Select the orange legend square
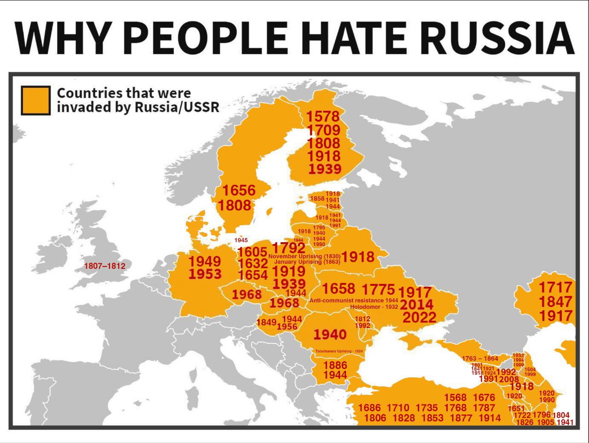(35, 100)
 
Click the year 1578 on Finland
(323, 116)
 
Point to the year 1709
(323, 130)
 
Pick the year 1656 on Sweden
(239, 190)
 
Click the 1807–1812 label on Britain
(105, 266)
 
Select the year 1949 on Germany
(205, 261)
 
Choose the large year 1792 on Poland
(289, 248)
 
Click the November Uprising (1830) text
(304, 256)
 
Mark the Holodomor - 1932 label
(374, 307)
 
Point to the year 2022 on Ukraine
(419, 317)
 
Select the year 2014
(416, 304)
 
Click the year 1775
(378, 290)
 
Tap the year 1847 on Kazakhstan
(555, 302)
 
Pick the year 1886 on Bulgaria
(335, 365)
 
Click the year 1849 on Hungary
(266, 323)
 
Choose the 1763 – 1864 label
(480, 358)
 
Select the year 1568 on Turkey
(455, 398)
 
